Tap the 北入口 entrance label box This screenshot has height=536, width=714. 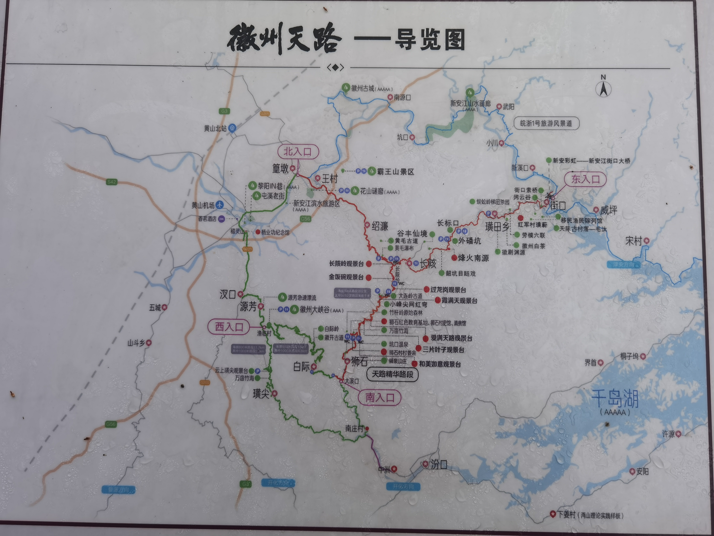click(298, 151)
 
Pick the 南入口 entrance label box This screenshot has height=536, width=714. click(380, 398)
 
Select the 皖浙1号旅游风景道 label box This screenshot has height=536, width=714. click(546, 123)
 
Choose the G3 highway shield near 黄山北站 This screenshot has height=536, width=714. click(224, 111)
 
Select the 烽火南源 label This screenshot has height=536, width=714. click(473, 258)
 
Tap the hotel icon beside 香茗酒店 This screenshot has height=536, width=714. click(221, 219)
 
